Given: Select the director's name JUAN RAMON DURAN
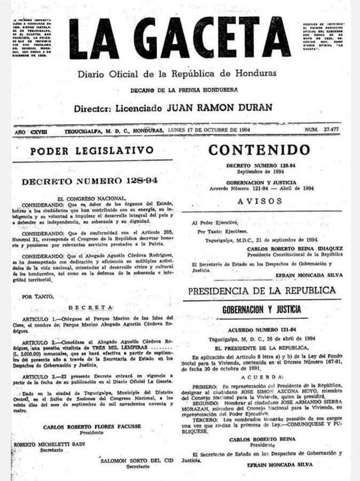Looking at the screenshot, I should [220, 107].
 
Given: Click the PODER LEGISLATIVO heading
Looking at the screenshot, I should [91, 151].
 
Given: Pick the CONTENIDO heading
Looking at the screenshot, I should [259, 150].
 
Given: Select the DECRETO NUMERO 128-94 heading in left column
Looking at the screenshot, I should [89, 181].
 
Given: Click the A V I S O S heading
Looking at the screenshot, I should [260, 201].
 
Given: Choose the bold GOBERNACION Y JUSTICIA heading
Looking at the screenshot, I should [261, 309].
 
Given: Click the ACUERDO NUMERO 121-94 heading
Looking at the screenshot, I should [261, 331].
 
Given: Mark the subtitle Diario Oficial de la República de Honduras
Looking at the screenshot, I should [177, 73].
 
